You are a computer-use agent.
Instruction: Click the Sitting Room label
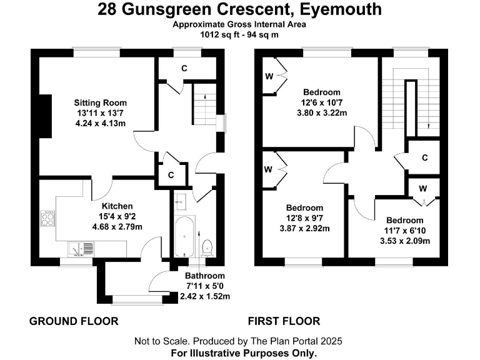coord(101,102)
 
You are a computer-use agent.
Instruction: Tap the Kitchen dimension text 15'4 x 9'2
coord(117,216)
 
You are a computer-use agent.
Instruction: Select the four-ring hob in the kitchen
coord(47,219)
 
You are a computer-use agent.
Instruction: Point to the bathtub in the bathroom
coord(186,237)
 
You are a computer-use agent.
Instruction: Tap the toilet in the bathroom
coord(207,248)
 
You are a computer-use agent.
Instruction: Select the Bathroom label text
coord(204,276)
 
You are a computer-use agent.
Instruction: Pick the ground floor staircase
coord(201,106)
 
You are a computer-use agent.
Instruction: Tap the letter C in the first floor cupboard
coord(424,157)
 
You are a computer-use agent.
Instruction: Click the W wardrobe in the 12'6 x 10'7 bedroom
coord(269,76)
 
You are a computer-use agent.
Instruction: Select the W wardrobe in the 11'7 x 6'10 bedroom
coord(423,188)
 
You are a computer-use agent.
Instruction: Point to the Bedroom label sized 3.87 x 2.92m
coord(304,208)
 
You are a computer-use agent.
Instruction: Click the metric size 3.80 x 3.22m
coord(321,112)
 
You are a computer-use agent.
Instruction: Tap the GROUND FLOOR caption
coord(74,321)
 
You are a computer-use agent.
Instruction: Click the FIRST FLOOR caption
coord(284,321)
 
